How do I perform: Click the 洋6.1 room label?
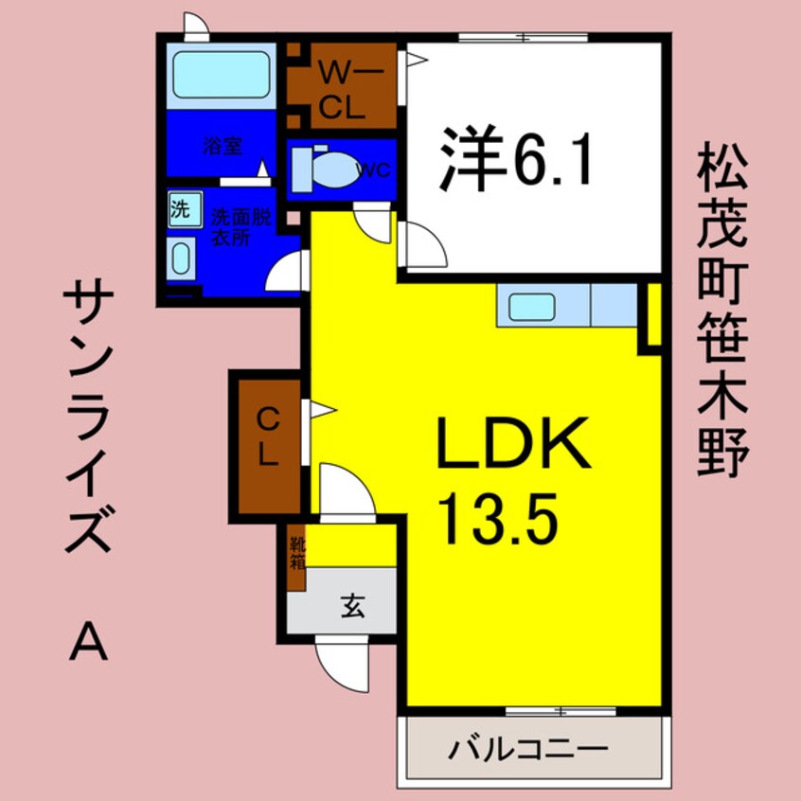point(516,162)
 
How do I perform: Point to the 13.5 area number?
point(494,517)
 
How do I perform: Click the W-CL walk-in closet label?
point(341,89)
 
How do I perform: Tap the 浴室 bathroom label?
point(222,146)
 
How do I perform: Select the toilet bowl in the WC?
point(328,171)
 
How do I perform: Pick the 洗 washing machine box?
point(179,208)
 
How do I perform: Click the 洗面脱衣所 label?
point(234,228)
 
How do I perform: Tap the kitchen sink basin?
point(532,306)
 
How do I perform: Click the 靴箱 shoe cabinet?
point(296,559)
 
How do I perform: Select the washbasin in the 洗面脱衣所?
point(180,257)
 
